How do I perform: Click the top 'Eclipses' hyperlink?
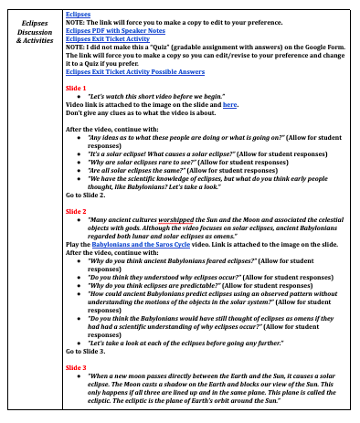78,14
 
